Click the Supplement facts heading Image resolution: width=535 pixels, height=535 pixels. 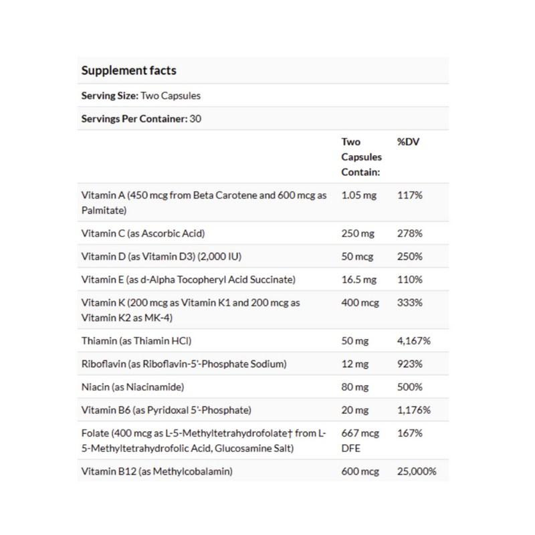coord(128,70)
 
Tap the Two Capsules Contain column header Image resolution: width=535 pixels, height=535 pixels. coord(361,156)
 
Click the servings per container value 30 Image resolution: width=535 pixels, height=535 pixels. coord(196,119)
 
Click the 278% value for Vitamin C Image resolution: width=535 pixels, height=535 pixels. coord(409,233)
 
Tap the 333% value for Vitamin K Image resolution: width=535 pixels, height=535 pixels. coord(409,302)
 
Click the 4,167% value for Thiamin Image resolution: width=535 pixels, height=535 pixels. coord(414,341)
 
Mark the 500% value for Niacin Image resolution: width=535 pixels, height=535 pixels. coord(409,387)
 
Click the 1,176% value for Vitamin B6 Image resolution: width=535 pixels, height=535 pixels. coord(414,409)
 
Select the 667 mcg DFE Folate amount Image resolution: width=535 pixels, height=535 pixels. coord(360,439)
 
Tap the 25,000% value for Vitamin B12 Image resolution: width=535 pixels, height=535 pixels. coord(417,471)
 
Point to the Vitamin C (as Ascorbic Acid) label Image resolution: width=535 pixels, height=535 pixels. coord(142,233)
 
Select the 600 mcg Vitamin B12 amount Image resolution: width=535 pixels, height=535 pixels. coord(360,471)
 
